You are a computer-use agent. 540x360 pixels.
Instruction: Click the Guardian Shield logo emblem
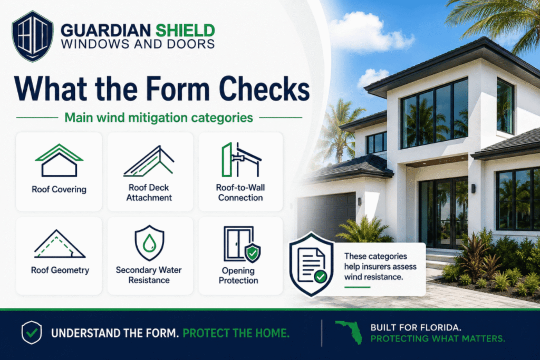click(x=32, y=36)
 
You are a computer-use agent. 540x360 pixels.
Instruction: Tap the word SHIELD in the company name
click(x=185, y=31)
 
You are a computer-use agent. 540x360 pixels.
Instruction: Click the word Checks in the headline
click(x=264, y=89)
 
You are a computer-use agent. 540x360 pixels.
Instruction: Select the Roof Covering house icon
click(x=59, y=160)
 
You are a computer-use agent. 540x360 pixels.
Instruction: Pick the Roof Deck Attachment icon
click(x=149, y=161)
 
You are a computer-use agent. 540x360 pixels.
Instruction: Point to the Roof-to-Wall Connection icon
click(x=240, y=160)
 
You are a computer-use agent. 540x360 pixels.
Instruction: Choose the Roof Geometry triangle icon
click(x=60, y=244)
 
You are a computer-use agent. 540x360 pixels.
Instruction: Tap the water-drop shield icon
click(x=149, y=242)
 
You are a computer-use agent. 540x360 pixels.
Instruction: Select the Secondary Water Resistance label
click(x=149, y=275)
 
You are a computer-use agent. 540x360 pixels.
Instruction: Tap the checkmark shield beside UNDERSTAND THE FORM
click(x=32, y=333)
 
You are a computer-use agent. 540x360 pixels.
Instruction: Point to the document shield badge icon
click(x=312, y=264)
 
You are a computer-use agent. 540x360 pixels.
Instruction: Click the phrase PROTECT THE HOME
click(x=236, y=333)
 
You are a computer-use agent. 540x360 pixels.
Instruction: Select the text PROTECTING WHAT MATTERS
click(x=438, y=339)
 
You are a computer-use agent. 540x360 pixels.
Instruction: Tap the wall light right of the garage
click(x=360, y=202)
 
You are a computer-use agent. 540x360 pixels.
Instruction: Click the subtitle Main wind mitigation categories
click(x=159, y=118)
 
